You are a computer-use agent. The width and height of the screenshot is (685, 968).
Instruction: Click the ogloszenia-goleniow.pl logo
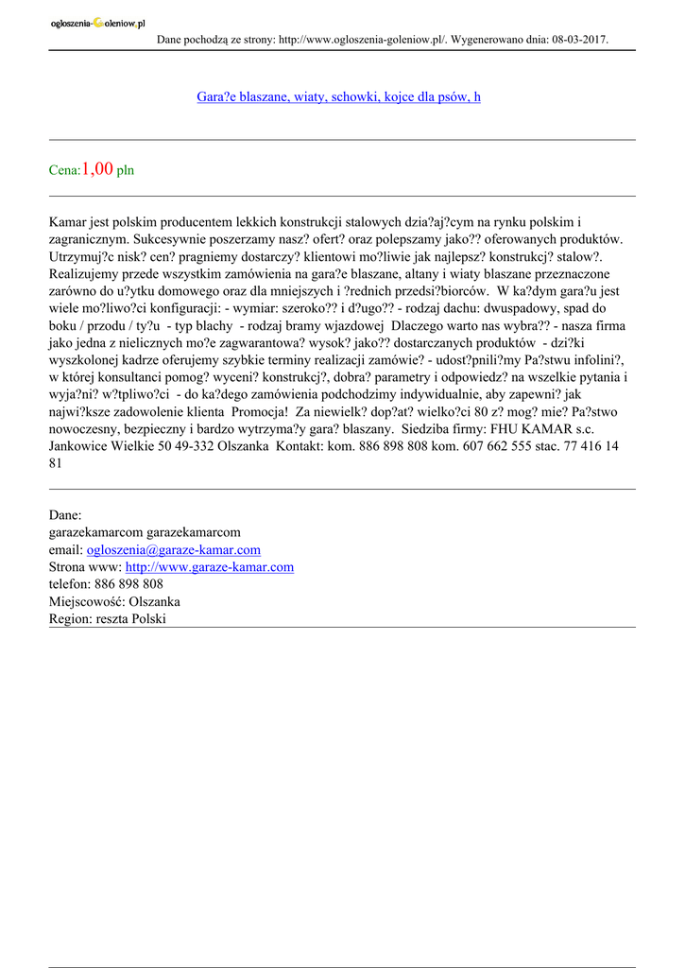(x=97, y=23)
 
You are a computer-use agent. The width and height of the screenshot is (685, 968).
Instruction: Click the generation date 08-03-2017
(x=575, y=40)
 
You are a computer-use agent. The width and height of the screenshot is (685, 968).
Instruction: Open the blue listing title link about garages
(x=338, y=96)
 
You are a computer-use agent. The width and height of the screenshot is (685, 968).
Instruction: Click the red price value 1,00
(x=97, y=169)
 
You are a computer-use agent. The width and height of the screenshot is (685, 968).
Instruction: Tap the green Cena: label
(x=64, y=171)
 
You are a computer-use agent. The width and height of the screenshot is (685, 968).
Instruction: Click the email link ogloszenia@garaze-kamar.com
(x=173, y=549)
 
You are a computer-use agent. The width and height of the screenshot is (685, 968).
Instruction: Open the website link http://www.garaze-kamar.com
(x=209, y=567)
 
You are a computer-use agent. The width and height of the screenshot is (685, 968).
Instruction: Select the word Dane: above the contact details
(x=65, y=515)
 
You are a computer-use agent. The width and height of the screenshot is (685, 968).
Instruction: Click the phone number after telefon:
(x=128, y=584)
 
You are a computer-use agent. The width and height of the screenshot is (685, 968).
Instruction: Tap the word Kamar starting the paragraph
(x=68, y=222)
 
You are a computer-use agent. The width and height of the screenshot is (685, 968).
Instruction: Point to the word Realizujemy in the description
(x=87, y=274)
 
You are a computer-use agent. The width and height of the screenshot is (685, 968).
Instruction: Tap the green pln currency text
(x=126, y=171)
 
